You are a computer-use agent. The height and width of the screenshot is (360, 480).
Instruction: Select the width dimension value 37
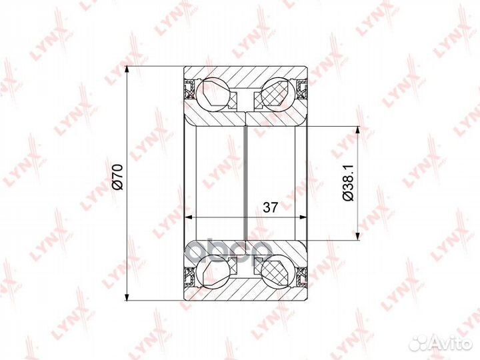click(269, 207)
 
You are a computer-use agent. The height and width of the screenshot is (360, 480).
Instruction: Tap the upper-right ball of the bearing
click(279, 93)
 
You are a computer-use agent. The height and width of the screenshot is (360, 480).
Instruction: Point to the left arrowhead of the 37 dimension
click(188, 217)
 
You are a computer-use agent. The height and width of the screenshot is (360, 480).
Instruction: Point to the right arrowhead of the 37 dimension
click(304, 217)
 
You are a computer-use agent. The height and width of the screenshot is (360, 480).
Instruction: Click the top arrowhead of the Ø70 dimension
click(127, 71)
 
